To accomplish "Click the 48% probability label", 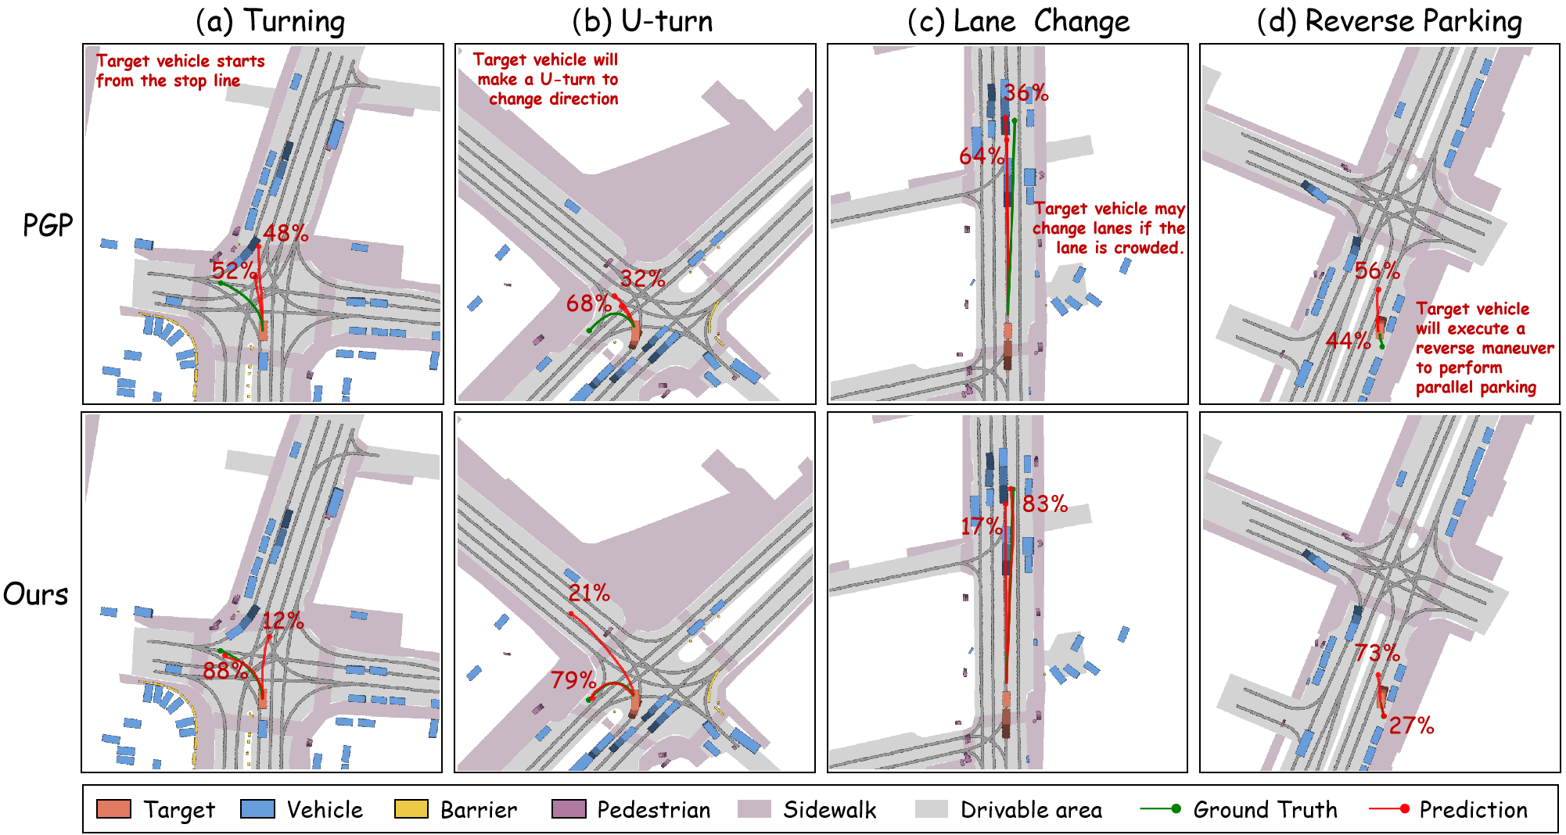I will pos(286,233).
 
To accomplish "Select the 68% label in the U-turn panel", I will pos(588,303).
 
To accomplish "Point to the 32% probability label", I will pos(642,278).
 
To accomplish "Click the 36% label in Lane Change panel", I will pos(1026,93).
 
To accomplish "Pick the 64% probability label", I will pos(981,156).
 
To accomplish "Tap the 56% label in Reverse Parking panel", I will pos(1377,271).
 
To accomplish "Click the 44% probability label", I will pos(1348,340).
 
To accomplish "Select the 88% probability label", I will pos(225,670).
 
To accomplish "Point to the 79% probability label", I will pos(573,680).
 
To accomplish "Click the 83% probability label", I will pos(1045,504).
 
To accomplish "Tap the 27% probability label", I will pos(1411,726).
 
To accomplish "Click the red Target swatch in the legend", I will pos(113,809).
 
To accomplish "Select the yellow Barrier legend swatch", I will pos(411,809).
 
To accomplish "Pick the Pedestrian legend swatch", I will pos(568,809).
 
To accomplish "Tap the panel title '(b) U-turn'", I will pos(642,21).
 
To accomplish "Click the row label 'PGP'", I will pos(48,226).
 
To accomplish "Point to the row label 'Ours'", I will pos(36,594).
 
